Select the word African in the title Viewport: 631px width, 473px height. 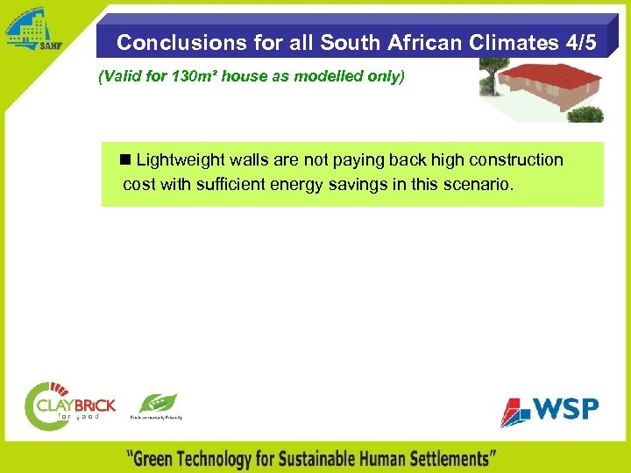(412, 42)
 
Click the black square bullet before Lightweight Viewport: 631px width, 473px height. (126, 159)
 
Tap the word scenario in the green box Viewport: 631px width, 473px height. (481, 185)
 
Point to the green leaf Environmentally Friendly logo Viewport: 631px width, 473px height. (157, 407)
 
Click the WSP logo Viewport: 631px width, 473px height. (549, 410)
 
